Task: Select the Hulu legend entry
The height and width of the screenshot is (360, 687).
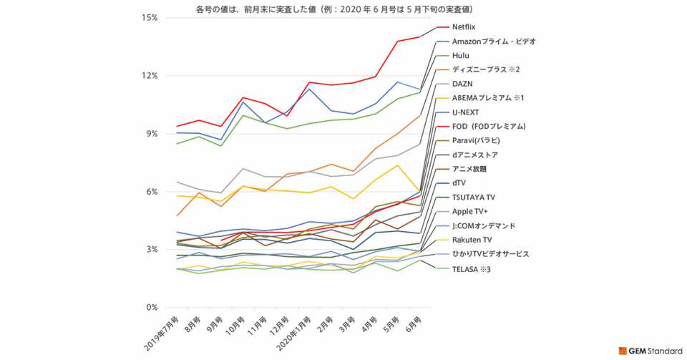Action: tap(462, 55)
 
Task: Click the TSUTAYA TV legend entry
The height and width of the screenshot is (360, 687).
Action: tap(473, 198)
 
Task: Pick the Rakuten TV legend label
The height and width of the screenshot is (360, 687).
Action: tap(472, 240)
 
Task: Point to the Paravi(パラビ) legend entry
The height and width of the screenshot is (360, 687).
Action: tap(476, 140)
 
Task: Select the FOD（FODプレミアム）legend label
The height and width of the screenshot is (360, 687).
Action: tap(489, 127)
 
